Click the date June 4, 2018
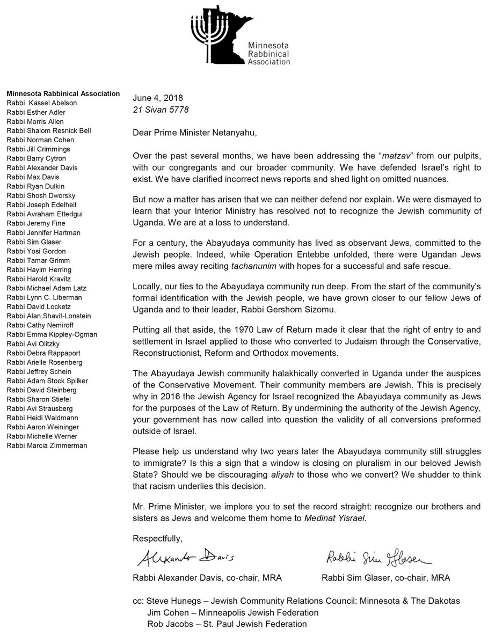(x=158, y=98)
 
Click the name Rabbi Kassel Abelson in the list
(x=42, y=103)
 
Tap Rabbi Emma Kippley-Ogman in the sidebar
(x=52, y=334)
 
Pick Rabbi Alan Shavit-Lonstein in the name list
(x=49, y=316)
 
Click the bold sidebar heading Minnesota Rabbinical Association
(x=63, y=94)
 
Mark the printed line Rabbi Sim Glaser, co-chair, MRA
(x=385, y=577)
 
